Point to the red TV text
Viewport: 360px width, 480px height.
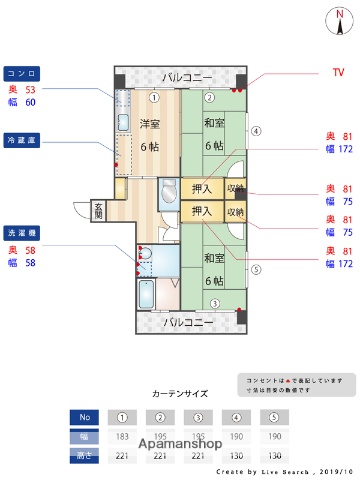337,72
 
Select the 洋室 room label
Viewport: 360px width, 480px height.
149,124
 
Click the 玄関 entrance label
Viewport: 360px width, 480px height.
99,210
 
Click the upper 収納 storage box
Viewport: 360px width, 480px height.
235,188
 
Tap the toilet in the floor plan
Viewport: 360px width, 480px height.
145,258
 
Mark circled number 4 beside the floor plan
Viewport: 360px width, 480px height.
255,131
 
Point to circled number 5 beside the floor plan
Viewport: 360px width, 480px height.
255,268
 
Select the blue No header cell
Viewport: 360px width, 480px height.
84,417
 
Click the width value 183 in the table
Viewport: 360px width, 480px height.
122,437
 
